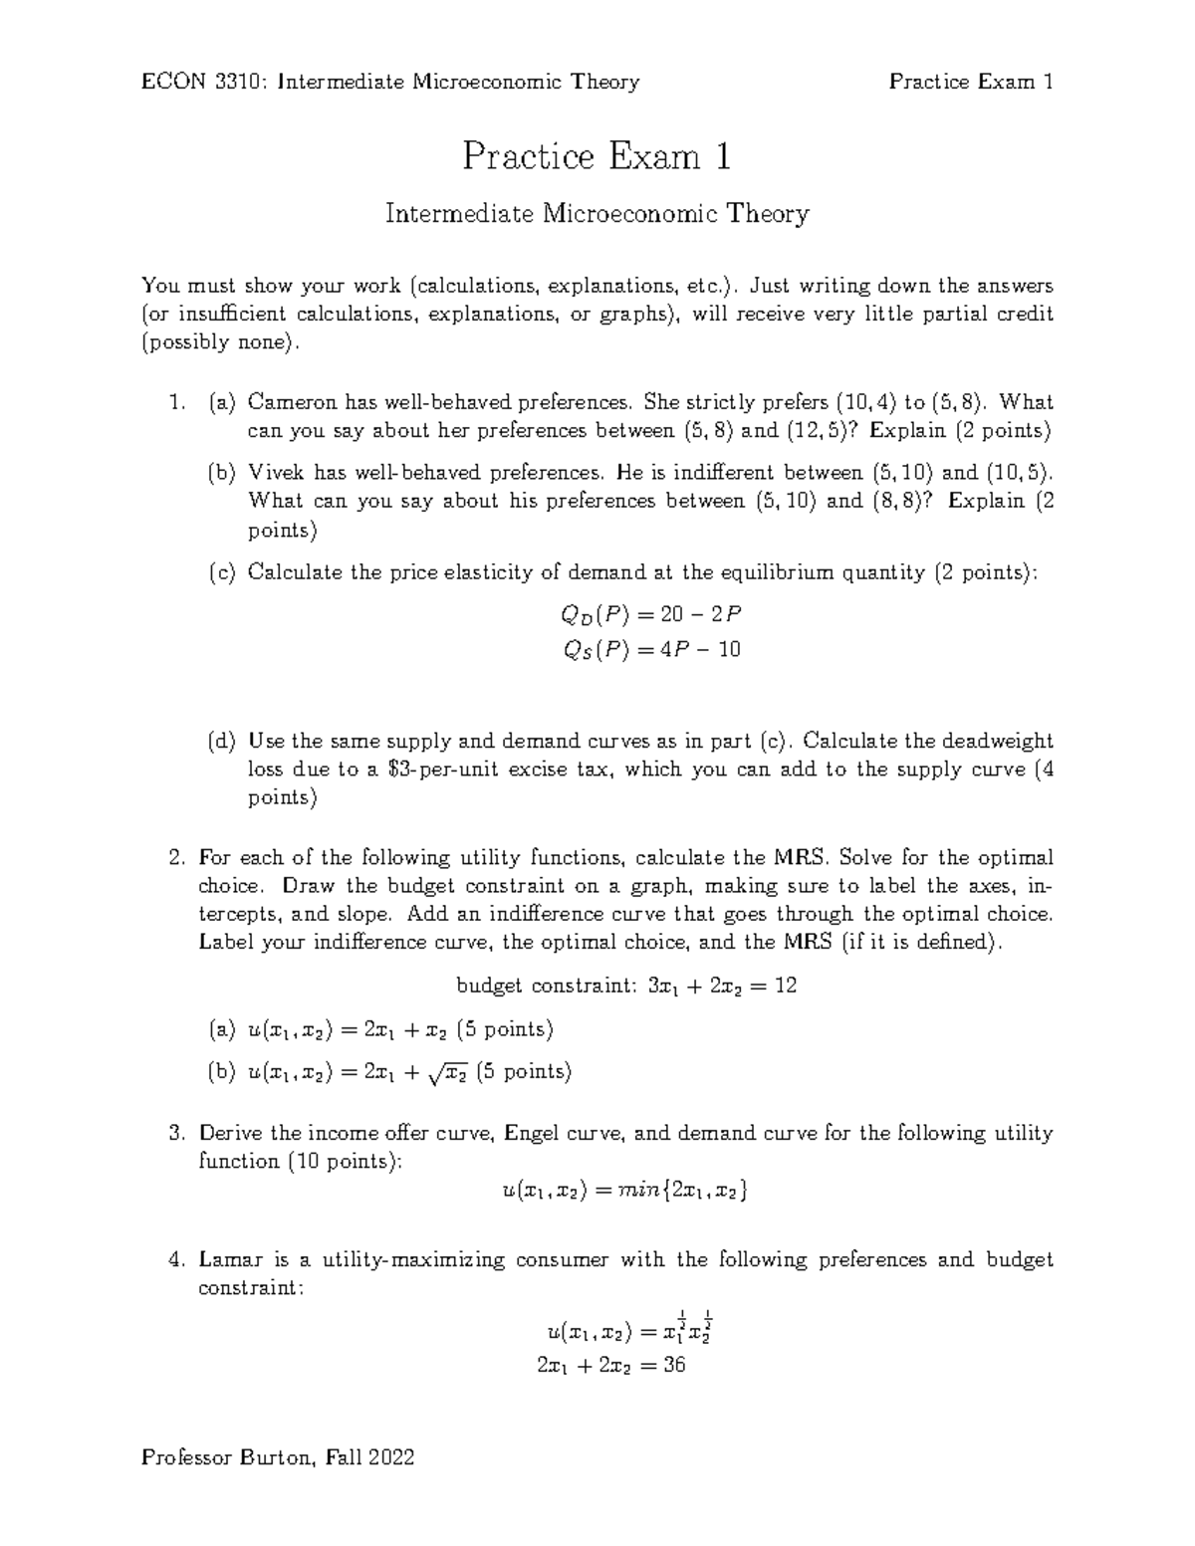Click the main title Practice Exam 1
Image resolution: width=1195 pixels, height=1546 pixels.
597,156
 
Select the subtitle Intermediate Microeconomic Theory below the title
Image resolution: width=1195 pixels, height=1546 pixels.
597,214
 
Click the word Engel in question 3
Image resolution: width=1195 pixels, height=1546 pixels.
537,1133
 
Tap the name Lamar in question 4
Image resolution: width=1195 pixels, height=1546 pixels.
230,1259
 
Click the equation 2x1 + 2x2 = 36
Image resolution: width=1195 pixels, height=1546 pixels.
610,1366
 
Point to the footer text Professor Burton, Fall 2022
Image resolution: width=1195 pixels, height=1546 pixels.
278,1458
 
